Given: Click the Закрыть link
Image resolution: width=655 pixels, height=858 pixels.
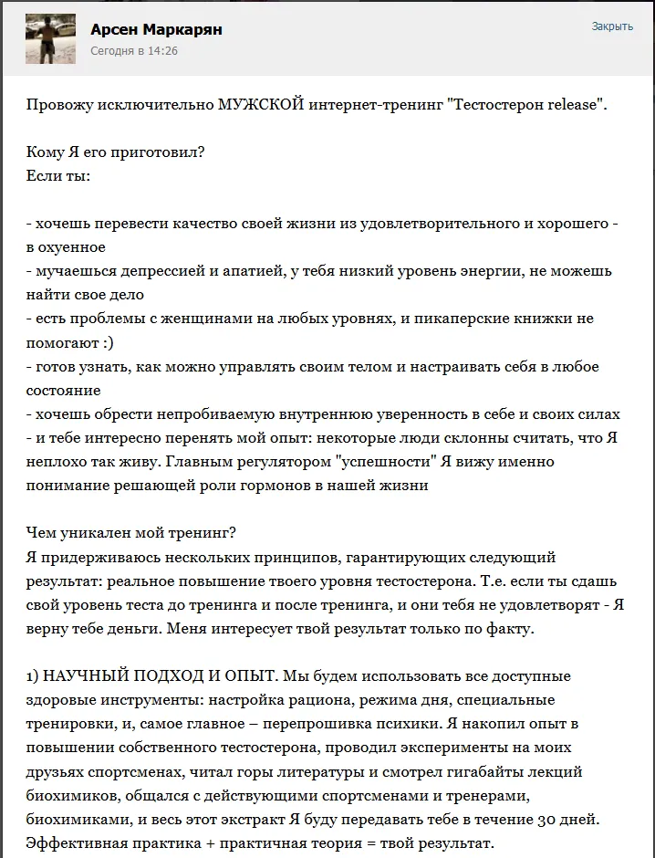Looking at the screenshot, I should tap(612, 26).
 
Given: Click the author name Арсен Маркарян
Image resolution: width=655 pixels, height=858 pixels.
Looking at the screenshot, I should tap(156, 30).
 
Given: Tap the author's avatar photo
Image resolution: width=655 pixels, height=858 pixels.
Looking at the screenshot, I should tap(50, 38).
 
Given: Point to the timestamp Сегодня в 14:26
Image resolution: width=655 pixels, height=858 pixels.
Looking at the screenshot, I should tap(134, 51).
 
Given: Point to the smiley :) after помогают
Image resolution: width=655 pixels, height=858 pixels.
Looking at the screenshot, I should tap(109, 342).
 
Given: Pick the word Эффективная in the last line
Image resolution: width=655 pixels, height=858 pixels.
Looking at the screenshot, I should tap(73, 842).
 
